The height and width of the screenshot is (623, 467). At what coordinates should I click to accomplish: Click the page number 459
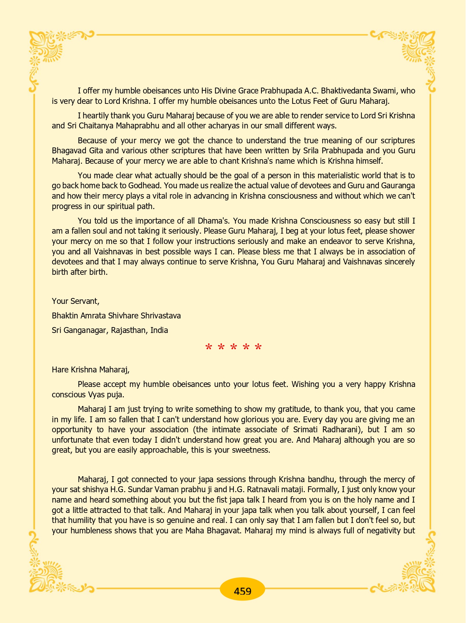click(x=242, y=591)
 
